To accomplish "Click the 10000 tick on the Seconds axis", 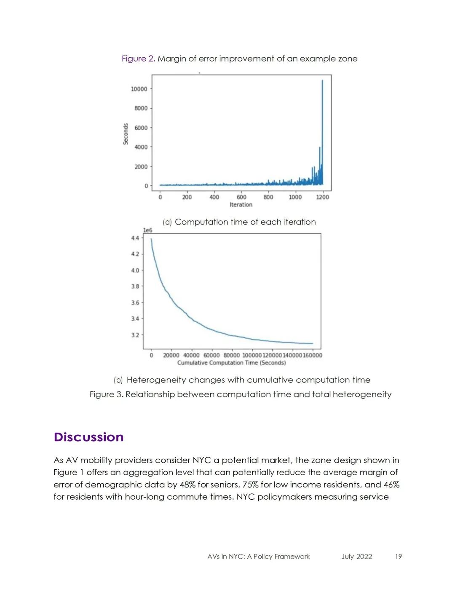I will pyautogui.click(x=139, y=89).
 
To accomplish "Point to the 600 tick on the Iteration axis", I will pyautogui.click(x=241, y=197).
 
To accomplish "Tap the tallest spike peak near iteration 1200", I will pyautogui.click(x=322, y=80).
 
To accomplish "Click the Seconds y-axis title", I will pyautogui.click(x=126, y=134).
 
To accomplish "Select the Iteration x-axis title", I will pyautogui.click(x=241, y=205).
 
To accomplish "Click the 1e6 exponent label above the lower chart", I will pyautogui.click(x=147, y=230).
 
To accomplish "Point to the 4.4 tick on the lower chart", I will pyautogui.click(x=135, y=238).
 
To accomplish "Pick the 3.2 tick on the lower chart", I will pyautogui.click(x=135, y=335).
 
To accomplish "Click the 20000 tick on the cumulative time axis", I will pyautogui.click(x=171, y=355).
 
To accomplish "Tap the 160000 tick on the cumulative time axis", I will pyautogui.click(x=312, y=355).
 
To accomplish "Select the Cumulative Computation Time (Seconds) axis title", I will pyautogui.click(x=231, y=363).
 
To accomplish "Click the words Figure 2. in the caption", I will pyautogui.click(x=139, y=59).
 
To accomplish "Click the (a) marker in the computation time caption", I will pyautogui.click(x=167, y=222).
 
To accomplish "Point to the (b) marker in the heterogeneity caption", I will pyautogui.click(x=118, y=380).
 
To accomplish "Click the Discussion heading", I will pyautogui.click(x=88, y=437).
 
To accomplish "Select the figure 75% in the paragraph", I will pyautogui.click(x=250, y=485).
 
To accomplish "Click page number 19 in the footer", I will pyautogui.click(x=398, y=557).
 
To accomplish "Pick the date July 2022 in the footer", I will pyautogui.click(x=356, y=557).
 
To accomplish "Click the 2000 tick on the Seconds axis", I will pyautogui.click(x=141, y=166).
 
